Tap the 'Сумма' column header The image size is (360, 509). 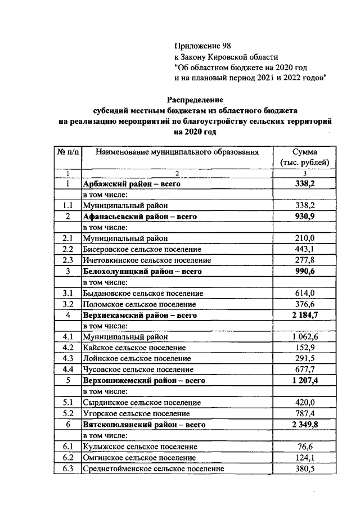[x=304, y=152]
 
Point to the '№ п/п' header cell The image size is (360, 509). [x=67, y=152]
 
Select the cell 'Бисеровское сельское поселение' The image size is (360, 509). [x=142, y=249]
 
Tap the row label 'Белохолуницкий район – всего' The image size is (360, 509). [x=142, y=271]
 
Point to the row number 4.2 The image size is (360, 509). [x=68, y=348]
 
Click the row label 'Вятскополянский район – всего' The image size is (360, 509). [x=144, y=424]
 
